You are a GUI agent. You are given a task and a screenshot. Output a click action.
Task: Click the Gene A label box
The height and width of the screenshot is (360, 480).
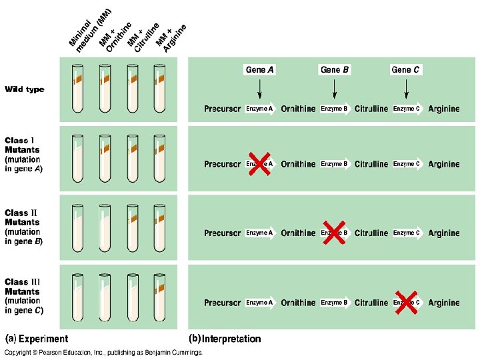point(260,69)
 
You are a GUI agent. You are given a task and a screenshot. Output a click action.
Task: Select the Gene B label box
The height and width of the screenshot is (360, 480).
point(335,69)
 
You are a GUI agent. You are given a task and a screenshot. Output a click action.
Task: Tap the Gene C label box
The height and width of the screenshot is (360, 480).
point(406,69)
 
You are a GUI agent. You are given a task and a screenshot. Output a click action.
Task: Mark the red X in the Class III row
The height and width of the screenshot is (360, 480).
point(406,302)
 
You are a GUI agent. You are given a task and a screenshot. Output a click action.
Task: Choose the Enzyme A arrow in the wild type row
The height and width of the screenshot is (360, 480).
point(261,109)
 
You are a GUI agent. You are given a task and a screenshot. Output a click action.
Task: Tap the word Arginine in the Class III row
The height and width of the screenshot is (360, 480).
point(444,303)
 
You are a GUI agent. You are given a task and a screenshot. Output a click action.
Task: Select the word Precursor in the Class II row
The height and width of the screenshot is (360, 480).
point(222,233)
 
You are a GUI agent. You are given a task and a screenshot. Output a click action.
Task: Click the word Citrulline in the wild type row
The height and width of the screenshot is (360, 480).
point(371,109)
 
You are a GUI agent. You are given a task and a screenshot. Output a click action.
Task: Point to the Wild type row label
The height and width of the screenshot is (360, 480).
point(25,89)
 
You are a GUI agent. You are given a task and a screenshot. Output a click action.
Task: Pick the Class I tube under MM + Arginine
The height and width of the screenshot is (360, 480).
point(159,158)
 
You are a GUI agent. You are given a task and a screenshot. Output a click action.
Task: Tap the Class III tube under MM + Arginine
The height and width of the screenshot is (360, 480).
point(159,298)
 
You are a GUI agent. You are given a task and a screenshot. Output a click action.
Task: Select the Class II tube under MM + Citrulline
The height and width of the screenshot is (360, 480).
point(131,228)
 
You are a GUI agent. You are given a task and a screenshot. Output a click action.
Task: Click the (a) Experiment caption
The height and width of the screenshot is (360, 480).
point(37,339)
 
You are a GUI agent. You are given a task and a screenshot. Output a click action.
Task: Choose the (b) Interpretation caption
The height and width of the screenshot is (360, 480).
point(225,339)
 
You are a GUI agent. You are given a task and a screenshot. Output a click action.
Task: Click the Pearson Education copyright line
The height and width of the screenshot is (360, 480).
point(103,352)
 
